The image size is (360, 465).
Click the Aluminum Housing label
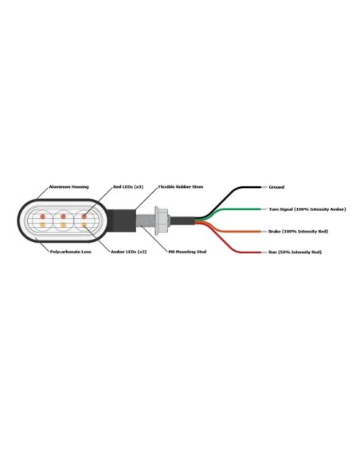click(x=68, y=187)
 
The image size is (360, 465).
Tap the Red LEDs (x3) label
click(x=128, y=187)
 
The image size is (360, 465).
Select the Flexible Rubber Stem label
click(x=181, y=187)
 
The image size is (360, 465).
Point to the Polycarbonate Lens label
click(x=71, y=252)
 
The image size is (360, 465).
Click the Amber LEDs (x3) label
click(x=129, y=252)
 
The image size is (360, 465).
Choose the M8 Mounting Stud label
click(x=187, y=252)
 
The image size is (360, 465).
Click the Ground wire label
click(x=276, y=187)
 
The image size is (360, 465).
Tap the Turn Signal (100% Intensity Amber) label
click(x=307, y=209)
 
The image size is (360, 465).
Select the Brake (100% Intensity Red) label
click(x=299, y=232)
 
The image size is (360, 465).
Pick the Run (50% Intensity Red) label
click(x=295, y=252)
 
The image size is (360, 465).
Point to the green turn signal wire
click(x=234, y=209)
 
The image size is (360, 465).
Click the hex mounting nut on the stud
click(x=162, y=221)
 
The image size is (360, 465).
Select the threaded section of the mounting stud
click(x=145, y=220)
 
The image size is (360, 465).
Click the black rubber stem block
click(x=121, y=220)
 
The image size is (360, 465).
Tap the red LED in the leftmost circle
click(x=43, y=217)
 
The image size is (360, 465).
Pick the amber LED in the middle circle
click(x=63, y=225)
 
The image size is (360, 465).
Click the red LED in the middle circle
click(x=63, y=217)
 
